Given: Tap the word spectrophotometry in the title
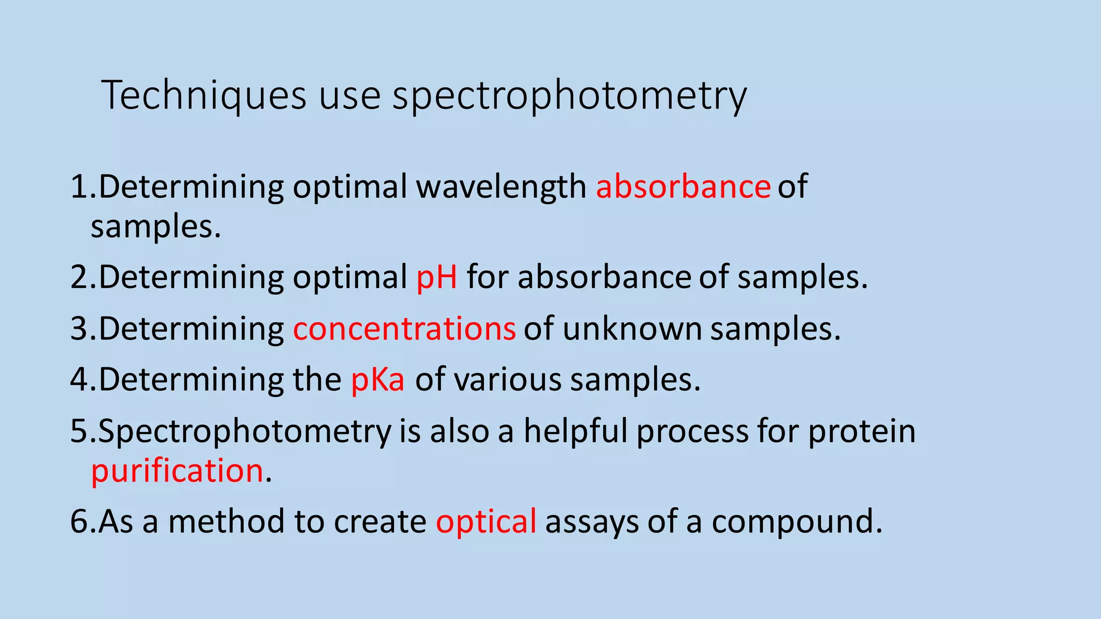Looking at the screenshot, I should coord(569,96).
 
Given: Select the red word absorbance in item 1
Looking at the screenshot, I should coord(683,187).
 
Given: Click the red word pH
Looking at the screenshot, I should coord(437,278).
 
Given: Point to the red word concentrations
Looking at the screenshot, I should coord(404,329).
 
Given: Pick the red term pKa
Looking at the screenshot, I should coord(377,380).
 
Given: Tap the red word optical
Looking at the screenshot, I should coord(485,522).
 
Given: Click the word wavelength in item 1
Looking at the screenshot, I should coord(501,187).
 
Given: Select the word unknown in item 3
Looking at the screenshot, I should coord(632,329).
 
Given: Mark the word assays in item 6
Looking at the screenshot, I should coord(592,522).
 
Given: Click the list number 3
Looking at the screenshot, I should coord(79,329).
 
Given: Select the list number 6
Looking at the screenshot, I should coord(79,522).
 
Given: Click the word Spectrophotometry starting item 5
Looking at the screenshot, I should coord(245,431).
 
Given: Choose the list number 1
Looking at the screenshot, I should coord(79,187).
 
